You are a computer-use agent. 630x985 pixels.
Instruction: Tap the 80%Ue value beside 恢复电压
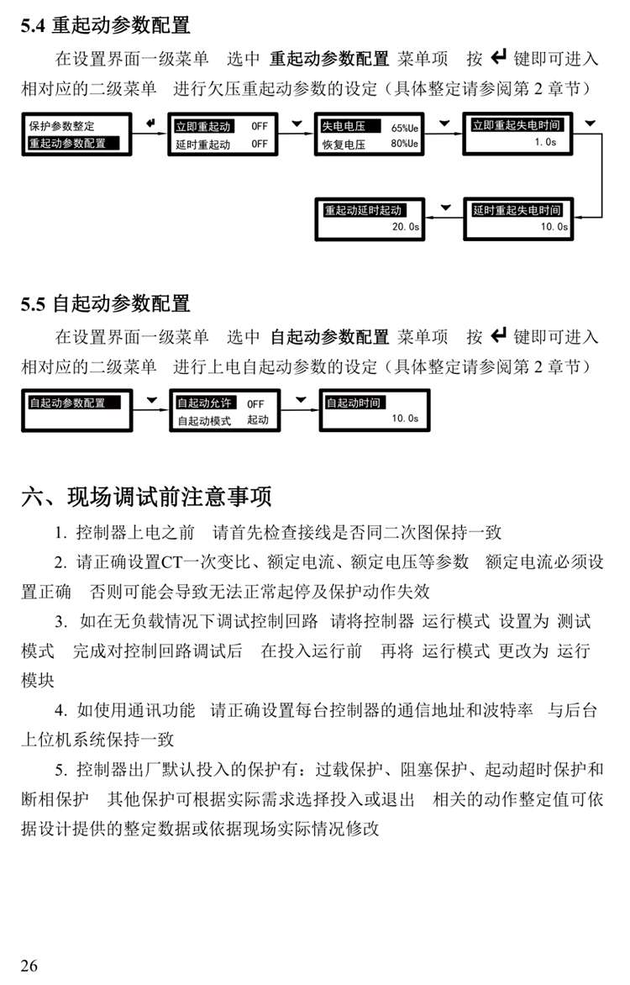[x=404, y=145]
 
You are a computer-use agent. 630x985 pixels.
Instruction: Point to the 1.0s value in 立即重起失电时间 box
[x=544, y=143]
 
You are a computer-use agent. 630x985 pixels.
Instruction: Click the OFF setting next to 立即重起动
[x=260, y=126]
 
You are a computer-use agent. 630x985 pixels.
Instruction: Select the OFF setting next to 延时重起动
[x=260, y=145]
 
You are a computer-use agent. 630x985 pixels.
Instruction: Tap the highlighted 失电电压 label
[x=343, y=126]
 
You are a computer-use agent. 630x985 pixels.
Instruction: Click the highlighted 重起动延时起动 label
[x=364, y=210]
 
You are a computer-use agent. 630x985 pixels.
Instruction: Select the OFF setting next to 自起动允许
[x=255, y=403]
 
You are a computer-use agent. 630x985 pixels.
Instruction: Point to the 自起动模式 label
[x=203, y=420]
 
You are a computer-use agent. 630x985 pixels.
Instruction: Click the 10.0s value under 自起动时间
[x=404, y=419]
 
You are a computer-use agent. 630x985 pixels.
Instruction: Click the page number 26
[x=29, y=965]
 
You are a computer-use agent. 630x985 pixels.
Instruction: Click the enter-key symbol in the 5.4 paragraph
[x=498, y=58]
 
